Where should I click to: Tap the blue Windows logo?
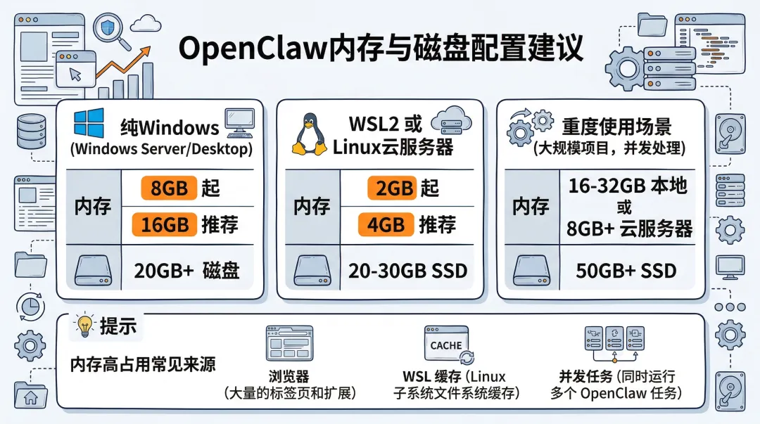click(x=89, y=124)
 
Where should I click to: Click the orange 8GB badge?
click(x=169, y=188)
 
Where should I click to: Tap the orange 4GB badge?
click(x=386, y=225)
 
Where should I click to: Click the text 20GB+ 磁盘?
click(x=186, y=270)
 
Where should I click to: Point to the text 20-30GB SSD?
click(x=408, y=270)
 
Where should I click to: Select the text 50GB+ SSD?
click(x=626, y=270)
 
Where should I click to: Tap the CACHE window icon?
click(x=446, y=345)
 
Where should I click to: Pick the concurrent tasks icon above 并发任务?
click(x=614, y=342)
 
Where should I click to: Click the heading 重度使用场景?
click(x=616, y=127)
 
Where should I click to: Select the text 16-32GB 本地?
click(x=628, y=186)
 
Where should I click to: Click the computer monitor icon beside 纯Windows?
click(x=240, y=123)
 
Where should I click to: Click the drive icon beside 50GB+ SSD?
click(x=531, y=270)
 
